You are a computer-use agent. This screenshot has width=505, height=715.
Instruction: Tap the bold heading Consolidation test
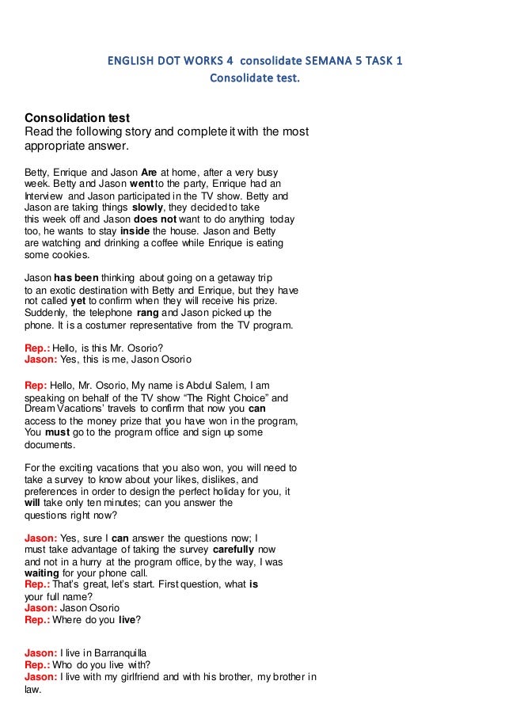tap(78, 118)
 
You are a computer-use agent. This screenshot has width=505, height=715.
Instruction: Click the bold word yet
tap(78, 301)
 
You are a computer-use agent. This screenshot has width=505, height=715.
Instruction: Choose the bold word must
tap(58, 433)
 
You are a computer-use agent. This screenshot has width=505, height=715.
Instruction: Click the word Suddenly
tap(51, 313)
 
